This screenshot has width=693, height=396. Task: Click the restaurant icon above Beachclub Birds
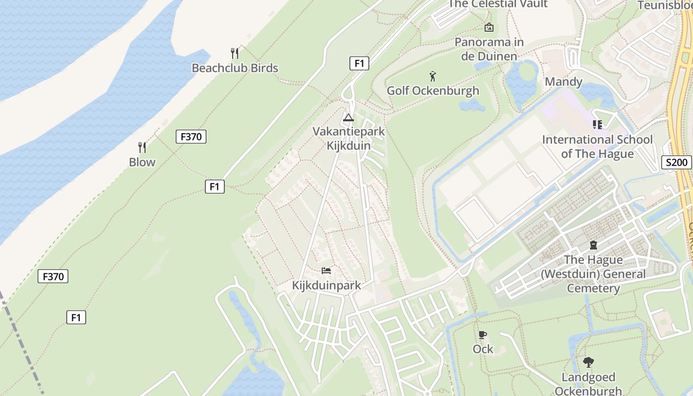(x=235, y=53)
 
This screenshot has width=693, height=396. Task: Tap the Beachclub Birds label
(x=235, y=68)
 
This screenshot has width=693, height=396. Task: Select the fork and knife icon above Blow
(x=142, y=147)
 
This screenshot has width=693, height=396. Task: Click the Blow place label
(x=142, y=162)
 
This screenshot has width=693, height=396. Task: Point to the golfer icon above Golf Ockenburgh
(x=433, y=76)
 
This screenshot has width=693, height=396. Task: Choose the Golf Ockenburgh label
(x=433, y=91)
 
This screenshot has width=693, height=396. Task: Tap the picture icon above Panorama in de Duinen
(x=489, y=27)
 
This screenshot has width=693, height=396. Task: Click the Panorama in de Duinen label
(x=489, y=49)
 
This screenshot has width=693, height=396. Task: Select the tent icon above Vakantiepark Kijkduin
(x=348, y=118)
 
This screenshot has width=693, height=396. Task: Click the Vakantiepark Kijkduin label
(x=348, y=139)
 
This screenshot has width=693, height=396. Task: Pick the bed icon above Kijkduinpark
(x=326, y=270)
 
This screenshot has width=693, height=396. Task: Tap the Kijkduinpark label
(x=326, y=286)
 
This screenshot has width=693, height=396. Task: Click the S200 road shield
(x=676, y=162)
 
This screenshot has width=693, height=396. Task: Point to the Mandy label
(x=563, y=82)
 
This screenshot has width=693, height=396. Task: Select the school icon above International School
(x=597, y=125)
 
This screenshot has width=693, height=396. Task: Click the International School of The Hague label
(x=597, y=147)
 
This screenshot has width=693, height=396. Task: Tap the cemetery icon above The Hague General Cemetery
(x=593, y=245)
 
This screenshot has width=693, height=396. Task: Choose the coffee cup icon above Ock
(x=483, y=335)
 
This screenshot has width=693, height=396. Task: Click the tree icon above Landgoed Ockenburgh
(x=588, y=362)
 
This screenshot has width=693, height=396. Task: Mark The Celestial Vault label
(x=498, y=4)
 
